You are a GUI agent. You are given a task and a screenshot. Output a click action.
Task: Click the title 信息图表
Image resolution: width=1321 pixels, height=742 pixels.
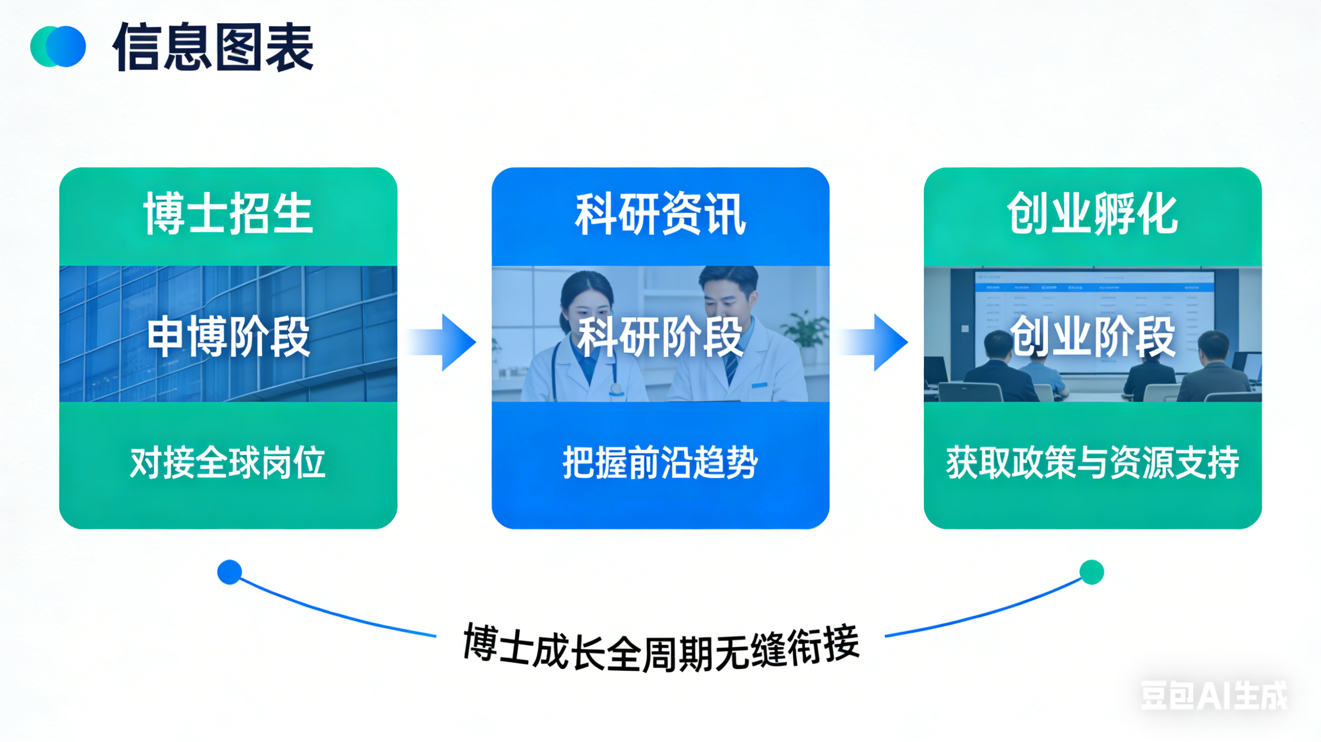[x=212, y=47]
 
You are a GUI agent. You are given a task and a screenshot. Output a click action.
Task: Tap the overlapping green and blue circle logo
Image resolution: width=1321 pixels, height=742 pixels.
[x=58, y=46]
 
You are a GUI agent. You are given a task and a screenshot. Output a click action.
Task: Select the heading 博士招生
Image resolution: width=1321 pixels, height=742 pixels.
[x=228, y=214]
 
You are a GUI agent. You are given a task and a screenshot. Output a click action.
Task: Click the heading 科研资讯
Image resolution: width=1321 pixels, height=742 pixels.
[x=660, y=214]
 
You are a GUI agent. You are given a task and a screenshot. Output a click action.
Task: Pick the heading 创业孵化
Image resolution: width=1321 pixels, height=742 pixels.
[x=1092, y=214]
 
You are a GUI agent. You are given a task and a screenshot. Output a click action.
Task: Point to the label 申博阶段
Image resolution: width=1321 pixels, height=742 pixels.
[x=228, y=336]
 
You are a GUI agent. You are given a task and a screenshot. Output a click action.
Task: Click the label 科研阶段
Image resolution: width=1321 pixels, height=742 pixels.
[x=660, y=336]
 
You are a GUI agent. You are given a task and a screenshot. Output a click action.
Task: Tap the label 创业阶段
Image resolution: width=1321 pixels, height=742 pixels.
[x=1092, y=336]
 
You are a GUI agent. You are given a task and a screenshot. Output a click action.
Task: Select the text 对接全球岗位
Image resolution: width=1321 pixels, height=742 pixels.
[x=228, y=463]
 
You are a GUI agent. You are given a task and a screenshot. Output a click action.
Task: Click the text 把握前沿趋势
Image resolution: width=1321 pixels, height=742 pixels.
[x=660, y=463]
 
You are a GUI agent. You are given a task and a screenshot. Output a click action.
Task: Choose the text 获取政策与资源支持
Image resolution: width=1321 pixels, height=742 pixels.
[x=1092, y=463]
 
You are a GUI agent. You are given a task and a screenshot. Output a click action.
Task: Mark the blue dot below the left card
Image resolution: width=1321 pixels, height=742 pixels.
[x=229, y=572]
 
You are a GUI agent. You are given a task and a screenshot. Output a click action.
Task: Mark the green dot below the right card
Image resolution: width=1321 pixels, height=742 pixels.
[x=1092, y=572]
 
